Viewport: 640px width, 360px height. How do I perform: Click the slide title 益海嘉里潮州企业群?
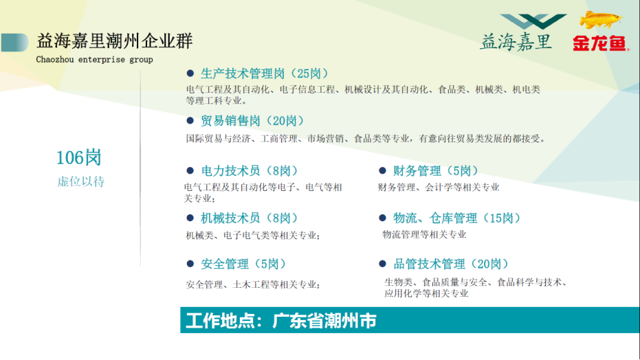[114, 41]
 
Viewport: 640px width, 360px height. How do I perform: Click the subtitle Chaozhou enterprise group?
[94, 60]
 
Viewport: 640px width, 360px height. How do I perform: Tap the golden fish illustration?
[600, 20]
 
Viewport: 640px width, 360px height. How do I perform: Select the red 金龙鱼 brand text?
[600, 43]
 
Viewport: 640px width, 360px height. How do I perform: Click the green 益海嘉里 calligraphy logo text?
[516, 42]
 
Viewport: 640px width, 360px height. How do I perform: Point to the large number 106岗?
[79, 158]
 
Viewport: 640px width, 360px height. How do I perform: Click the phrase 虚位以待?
[81, 181]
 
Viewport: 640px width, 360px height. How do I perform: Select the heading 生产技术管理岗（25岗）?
[265, 74]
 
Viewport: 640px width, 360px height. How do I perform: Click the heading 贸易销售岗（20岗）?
[253, 121]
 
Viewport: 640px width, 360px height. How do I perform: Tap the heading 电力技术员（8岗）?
[250, 171]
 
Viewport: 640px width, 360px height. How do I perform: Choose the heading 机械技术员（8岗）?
[250, 218]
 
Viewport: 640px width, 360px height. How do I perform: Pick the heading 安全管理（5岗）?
[243, 265]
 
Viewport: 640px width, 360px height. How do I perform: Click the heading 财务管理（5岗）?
[436, 171]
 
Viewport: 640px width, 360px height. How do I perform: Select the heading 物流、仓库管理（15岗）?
[457, 218]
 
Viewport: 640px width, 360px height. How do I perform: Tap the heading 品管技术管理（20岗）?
[451, 265]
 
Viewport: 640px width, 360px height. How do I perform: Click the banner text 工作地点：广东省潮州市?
[281, 321]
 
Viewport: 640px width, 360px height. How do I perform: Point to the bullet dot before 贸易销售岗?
[190, 121]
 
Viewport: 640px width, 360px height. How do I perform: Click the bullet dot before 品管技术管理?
[382, 264]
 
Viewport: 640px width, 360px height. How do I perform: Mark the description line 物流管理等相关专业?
[425, 234]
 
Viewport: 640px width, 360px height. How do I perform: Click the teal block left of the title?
[14, 43]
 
